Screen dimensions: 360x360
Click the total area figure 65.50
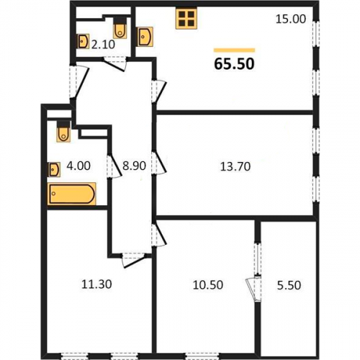click(234, 64)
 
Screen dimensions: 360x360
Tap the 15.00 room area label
click(291, 19)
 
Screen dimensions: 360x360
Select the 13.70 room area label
click(235, 166)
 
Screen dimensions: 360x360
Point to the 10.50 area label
click(208, 285)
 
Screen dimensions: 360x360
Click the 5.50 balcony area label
click(289, 285)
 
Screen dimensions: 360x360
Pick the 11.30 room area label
click(96, 284)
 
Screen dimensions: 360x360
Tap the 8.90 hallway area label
click(134, 166)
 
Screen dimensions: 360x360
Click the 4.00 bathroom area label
click(78, 166)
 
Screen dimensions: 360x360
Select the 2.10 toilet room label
click(103, 45)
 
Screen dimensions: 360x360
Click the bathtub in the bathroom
click(71, 194)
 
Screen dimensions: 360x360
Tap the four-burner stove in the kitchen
click(186, 19)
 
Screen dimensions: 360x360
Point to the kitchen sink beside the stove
click(145, 37)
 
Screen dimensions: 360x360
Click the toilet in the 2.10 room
click(120, 28)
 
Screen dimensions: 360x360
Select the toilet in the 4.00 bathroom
click(63, 132)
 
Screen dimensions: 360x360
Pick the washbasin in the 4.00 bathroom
click(54, 170)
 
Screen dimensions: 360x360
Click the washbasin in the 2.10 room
click(83, 41)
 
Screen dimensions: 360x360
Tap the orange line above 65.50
click(234, 50)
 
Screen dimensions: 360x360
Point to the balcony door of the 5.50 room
click(253, 289)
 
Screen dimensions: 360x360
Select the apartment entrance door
click(79, 81)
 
